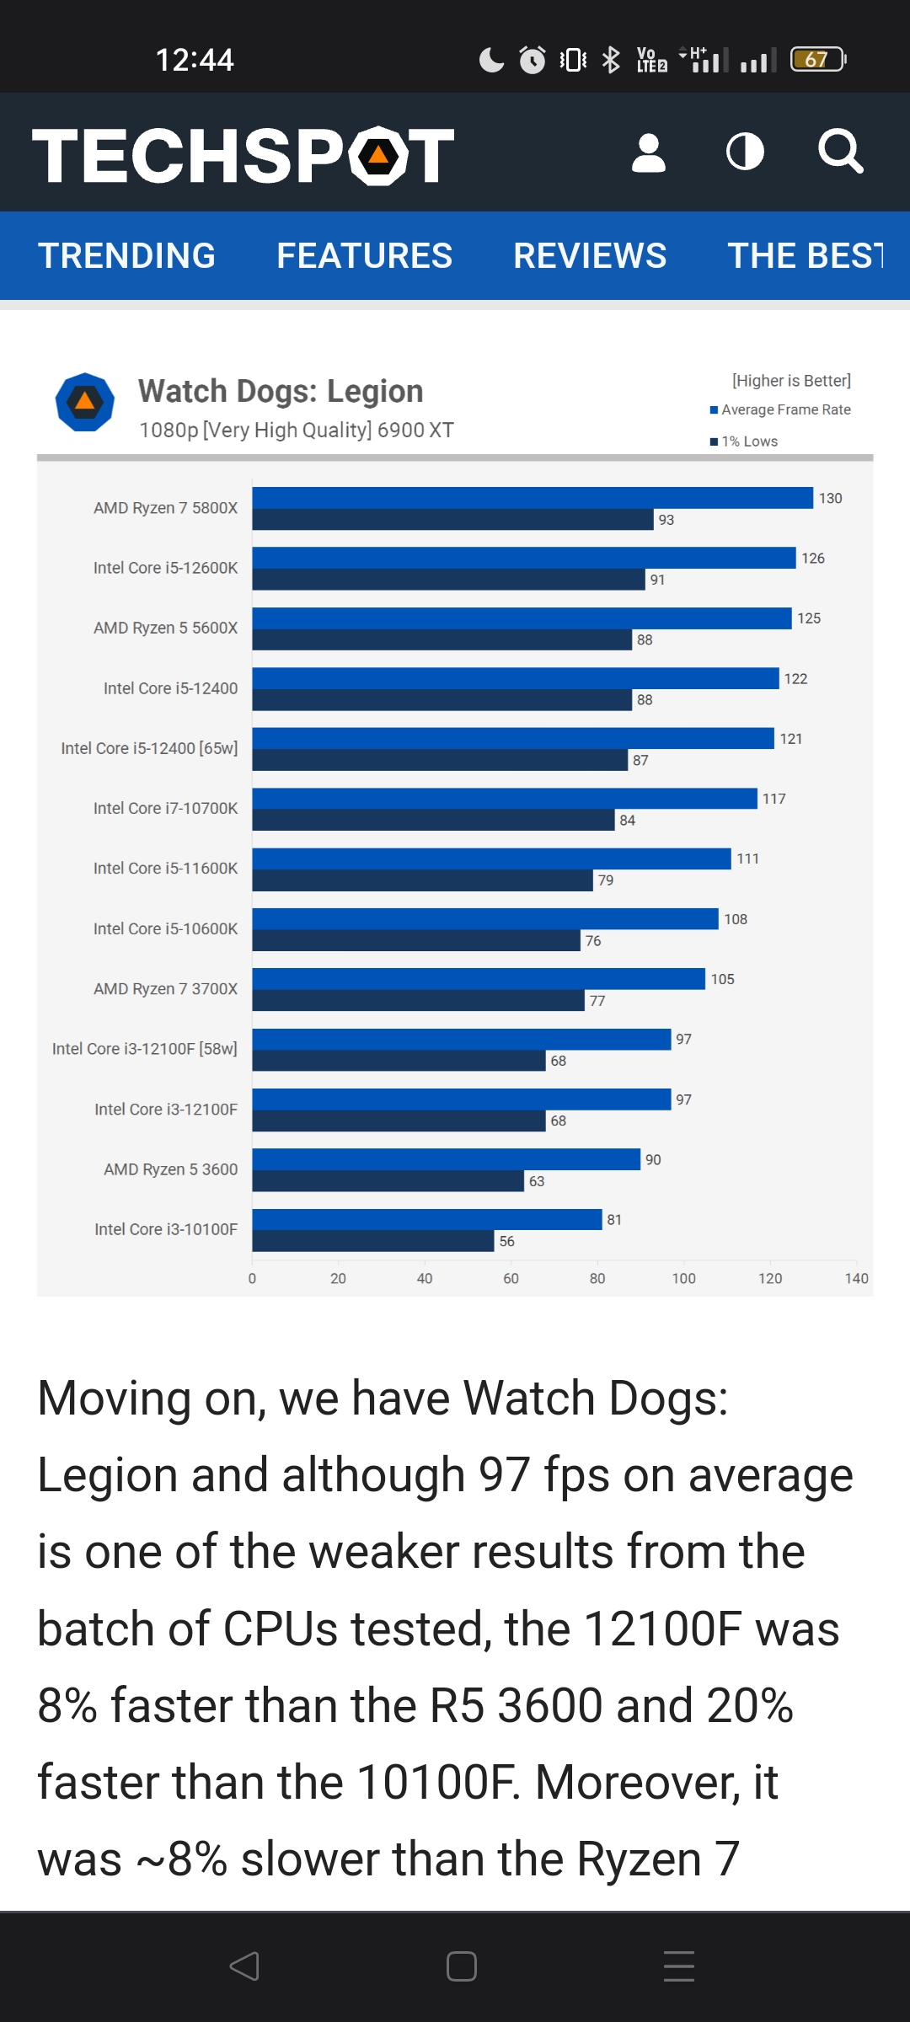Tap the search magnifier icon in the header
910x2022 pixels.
click(840, 152)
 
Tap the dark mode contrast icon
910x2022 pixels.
click(745, 152)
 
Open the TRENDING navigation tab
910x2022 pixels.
click(127, 256)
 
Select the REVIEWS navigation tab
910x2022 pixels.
click(590, 256)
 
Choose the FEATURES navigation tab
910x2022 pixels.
click(364, 256)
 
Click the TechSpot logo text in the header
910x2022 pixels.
click(243, 155)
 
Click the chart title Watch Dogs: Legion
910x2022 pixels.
click(281, 392)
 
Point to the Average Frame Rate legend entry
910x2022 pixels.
click(785, 410)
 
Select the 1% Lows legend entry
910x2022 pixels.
click(748, 441)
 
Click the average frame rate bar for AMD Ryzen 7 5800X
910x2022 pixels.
click(533, 498)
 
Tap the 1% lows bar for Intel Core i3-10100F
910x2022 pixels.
click(372, 1241)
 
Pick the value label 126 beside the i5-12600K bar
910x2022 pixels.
click(813, 559)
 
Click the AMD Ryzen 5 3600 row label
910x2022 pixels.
click(170, 1169)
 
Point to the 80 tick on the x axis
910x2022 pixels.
click(597, 1278)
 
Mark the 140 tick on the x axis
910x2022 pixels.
click(856, 1278)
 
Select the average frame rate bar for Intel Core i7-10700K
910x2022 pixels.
click(504, 799)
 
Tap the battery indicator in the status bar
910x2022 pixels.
click(817, 60)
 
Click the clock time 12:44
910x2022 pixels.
click(195, 60)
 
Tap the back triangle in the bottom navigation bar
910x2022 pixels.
click(244, 1966)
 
